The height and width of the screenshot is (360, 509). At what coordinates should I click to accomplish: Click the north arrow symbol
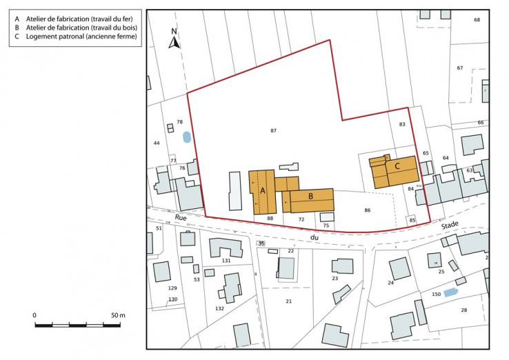coord(175,41)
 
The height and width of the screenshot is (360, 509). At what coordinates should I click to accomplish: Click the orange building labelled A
coord(262,191)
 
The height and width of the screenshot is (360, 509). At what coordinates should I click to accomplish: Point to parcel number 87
coord(273,130)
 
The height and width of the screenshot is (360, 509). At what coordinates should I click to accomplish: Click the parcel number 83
coord(402,124)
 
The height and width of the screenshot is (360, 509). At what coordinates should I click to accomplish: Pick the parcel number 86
coord(368,210)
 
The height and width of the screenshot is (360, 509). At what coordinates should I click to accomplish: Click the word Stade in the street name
coord(450,225)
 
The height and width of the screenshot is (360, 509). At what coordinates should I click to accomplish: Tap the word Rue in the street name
coord(181,217)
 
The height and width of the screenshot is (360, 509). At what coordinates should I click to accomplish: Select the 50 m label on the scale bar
coord(117,315)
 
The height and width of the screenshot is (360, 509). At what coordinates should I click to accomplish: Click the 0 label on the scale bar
coord(34,315)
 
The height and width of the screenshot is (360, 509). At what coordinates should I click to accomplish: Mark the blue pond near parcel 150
coord(450,293)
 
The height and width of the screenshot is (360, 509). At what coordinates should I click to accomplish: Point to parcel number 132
coord(219,308)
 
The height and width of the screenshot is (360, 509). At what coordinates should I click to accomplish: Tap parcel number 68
coord(477,20)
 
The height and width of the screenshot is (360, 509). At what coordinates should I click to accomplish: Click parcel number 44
coord(157,143)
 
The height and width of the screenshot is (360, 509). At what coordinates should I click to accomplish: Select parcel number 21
coord(289,301)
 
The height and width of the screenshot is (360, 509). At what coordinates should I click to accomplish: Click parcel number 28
coord(464,310)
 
